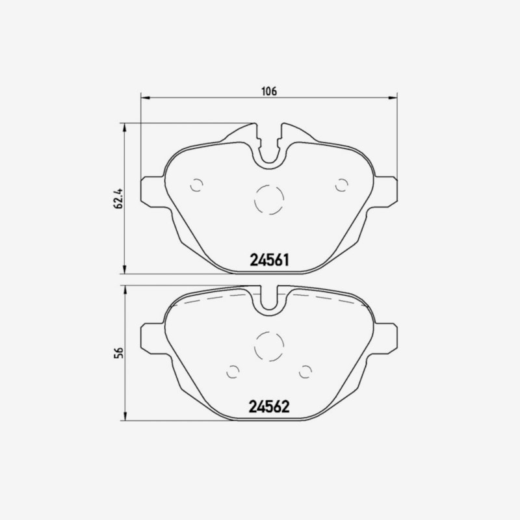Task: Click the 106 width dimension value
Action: [x=269, y=91]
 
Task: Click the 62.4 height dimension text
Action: [x=118, y=198]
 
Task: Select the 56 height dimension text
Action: [x=118, y=352]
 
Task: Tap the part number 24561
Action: [x=269, y=260]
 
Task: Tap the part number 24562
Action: [x=269, y=406]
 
